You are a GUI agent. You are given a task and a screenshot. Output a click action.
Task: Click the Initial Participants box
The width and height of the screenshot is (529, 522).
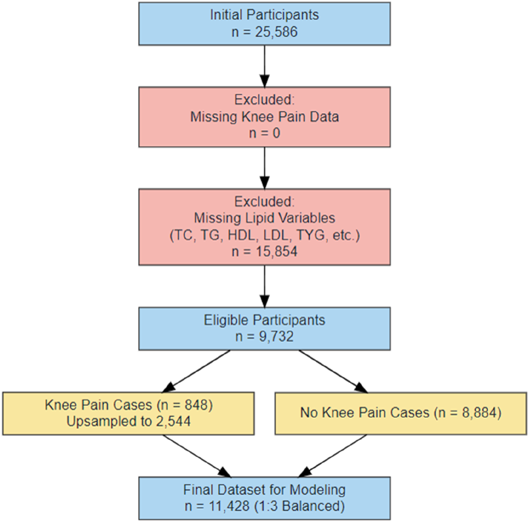point(264,24)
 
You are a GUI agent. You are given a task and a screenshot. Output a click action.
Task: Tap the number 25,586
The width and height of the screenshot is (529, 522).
point(276,32)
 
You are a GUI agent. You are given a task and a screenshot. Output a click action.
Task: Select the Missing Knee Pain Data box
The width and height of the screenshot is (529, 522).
point(264,117)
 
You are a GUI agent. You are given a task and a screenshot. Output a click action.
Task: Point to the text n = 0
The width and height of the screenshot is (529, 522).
point(264,133)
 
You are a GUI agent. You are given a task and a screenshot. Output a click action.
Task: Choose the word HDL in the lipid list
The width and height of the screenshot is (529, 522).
point(241,235)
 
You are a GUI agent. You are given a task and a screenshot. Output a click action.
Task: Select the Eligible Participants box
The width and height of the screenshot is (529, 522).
point(264,329)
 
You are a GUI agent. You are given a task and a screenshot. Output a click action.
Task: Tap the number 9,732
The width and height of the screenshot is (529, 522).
point(276,337)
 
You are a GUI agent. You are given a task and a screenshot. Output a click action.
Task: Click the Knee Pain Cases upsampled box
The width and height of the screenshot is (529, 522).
point(128,414)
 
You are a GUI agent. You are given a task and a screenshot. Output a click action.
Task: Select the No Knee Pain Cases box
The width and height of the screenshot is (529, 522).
point(401,414)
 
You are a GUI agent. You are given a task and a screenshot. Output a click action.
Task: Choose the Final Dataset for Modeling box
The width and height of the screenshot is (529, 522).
point(264,498)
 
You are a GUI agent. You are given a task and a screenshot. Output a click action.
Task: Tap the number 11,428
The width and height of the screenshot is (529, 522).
point(229,506)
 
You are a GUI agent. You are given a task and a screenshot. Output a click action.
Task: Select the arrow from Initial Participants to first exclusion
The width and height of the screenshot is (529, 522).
point(264,66)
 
